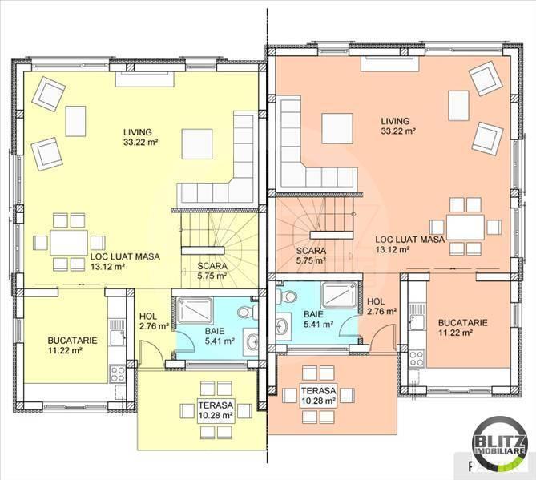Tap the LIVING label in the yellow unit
pyautogui.click(x=138, y=132)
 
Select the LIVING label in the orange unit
pyautogui.click(x=395, y=121)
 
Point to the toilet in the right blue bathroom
pyautogui.click(x=287, y=296)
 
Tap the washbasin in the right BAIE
pyautogui.click(x=284, y=326)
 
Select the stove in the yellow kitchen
pyautogui.click(x=117, y=373)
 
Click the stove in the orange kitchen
pyautogui.click(x=416, y=359)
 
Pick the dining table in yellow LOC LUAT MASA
pyautogui.click(x=69, y=242)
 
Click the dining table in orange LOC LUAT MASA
pyautogui.click(x=465, y=227)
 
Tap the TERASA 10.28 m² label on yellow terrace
pyautogui.click(x=216, y=410)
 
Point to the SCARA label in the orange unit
pyautogui.click(x=311, y=251)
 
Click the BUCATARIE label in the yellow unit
pyautogui.click(x=72, y=341)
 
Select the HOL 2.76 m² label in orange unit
pyautogui.click(x=382, y=306)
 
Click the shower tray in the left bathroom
pyautogui.click(x=195, y=311)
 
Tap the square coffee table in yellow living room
pyautogui.click(x=197, y=144)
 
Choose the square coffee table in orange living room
pyautogui.click(x=337, y=128)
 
